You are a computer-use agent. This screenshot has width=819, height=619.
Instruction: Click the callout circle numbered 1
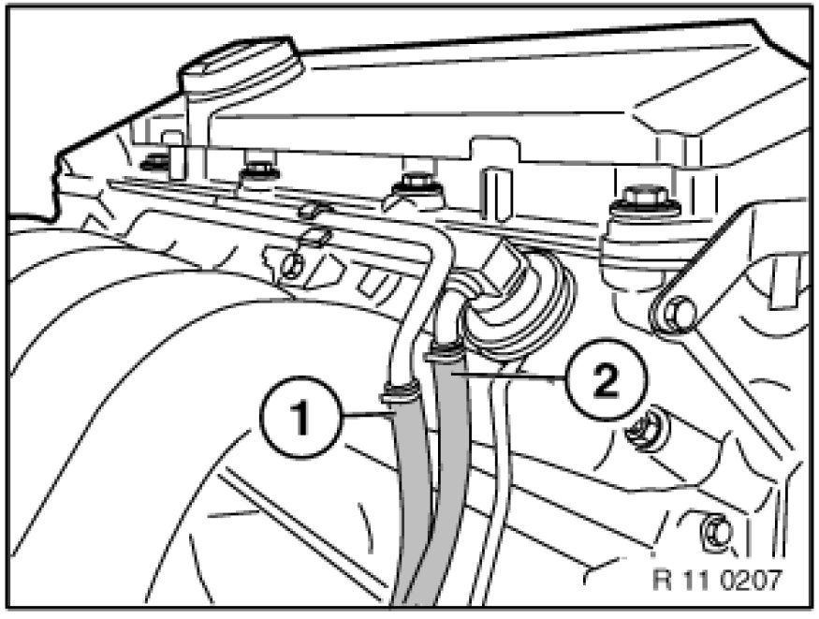(x=300, y=418)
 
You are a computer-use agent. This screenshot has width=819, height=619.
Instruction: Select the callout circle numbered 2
(x=606, y=378)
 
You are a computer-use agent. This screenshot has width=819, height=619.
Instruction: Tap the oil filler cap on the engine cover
(x=241, y=69)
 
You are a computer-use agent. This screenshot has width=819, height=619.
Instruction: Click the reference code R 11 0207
(x=718, y=580)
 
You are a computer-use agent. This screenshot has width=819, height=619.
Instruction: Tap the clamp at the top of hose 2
(x=445, y=351)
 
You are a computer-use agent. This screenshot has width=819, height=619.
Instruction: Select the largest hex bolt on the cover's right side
(x=646, y=201)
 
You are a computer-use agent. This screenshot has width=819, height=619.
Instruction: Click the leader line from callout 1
(x=367, y=414)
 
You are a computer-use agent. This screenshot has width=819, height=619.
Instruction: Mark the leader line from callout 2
(x=509, y=376)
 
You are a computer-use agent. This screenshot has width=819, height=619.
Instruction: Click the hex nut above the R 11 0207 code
(x=716, y=531)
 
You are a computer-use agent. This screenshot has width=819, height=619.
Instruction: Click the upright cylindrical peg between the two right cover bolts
(x=496, y=193)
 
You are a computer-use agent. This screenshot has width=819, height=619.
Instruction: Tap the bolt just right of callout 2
(x=645, y=430)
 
